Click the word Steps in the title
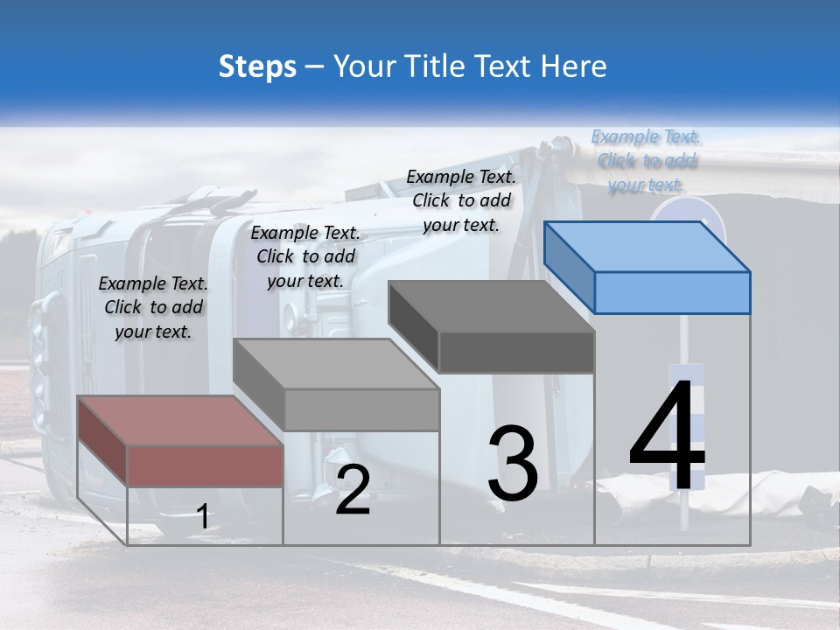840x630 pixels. pyautogui.click(x=257, y=66)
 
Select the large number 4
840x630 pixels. pyautogui.click(x=667, y=437)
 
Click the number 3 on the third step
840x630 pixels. pyautogui.click(x=513, y=464)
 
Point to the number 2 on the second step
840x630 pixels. pyautogui.click(x=353, y=490)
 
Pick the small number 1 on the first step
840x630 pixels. pyautogui.click(x=203, y=517)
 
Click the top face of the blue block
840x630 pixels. pyautogui.click(x=646, y=247)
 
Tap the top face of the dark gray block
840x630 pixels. pyautogui.click(x=490, y=307)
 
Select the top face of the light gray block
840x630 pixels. pyautogui.click(x=335, y=364)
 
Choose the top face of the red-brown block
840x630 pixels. pyautogui.click(x=180, y=421)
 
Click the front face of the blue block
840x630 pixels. pyautogui.click(x=672, y=292)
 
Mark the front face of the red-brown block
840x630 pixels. pyautogui.click(x=205, y=465)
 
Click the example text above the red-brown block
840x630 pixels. pyautogui.click(x=153, y=307)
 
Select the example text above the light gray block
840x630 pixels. pyautogui.click(x=305, y=256)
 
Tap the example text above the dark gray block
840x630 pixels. pyautogui.click(x=461, y=200)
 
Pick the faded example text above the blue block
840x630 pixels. pyautogui.click(x=646, y=160)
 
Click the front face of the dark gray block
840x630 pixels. pyautogui.click(x=516, y=353)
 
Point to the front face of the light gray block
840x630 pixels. pyautogui.click(x=361, y=409)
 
